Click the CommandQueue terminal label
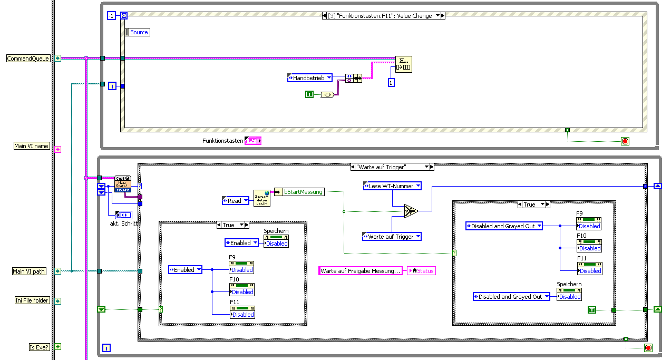pyautogui.click(x=28, y=59)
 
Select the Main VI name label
pyautogui.click(x=32, y=146)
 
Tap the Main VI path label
pyautogui.click(x=29, y=271)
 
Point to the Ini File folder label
pyautogui.click(x=32, y=300)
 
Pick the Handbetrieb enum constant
pyautogui.click(x=310, y=78)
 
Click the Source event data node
pyautogui.click(x=138, y=32)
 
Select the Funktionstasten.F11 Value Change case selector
pyautogui.click(x=383, y=16)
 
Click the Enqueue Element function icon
pyautogui.click(x=404, y=64)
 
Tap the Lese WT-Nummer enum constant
pyautogui.click(x=392, y=186)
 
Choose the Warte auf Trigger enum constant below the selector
pyautogui.click(x=392, y=237)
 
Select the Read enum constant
pyautogui.click(x=235, y=201)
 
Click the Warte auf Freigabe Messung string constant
pyautogui.click(x=361, y=271)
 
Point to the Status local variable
pyautogui.click(x=422, y=271)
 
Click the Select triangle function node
pyautogui.click(x=411, y=211)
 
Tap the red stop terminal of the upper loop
pyautogui.click(x=625, y=141)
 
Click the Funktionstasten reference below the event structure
pyautogui.click(x=253, y=141)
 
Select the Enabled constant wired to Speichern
pyautogui.click(x=241, y=243)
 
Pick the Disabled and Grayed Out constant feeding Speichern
pyautogui.click(x=511, y=297)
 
